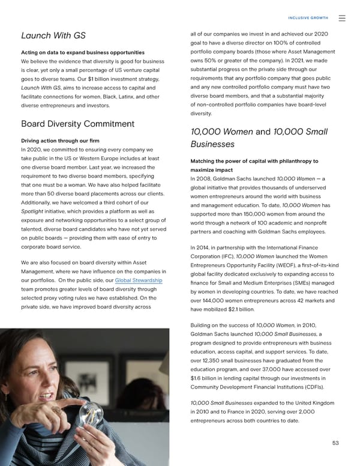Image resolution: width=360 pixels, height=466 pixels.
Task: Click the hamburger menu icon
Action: [342, 19]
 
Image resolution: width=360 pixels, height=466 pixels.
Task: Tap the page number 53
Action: [335, 443]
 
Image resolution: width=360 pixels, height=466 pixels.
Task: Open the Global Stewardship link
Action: [139, 281]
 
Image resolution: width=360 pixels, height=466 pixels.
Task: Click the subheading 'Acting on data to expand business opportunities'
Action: [82, 52]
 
